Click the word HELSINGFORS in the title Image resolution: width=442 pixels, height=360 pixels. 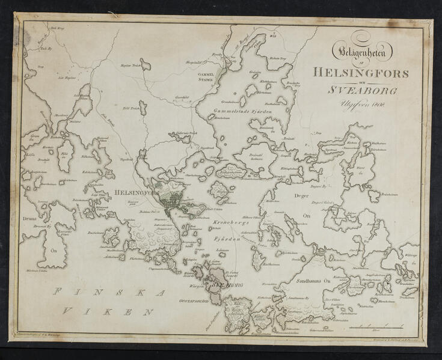point(361,73)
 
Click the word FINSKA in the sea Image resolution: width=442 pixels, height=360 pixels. point(108,293)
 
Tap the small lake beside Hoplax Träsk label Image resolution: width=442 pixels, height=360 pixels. point(146,64)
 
